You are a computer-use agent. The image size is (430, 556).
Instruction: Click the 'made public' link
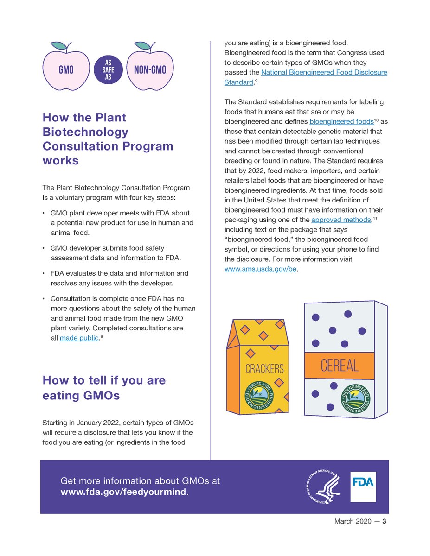79,338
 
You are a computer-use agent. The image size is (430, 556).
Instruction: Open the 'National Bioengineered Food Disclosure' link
324,73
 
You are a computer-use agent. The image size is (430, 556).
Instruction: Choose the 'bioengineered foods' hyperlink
341,121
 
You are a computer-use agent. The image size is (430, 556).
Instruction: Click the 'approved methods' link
341,220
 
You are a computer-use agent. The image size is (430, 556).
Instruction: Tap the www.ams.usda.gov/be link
260,268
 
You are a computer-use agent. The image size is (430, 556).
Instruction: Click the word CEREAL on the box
339,366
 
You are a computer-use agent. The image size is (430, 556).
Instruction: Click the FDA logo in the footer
362,486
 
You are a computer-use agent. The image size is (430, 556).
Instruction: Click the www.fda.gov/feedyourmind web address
123,492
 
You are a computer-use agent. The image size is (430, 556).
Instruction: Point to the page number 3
384,521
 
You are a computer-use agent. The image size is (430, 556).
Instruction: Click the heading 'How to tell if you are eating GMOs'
104,388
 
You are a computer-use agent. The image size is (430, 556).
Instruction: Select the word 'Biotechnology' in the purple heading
85,132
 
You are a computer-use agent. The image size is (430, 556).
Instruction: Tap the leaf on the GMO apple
58,45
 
